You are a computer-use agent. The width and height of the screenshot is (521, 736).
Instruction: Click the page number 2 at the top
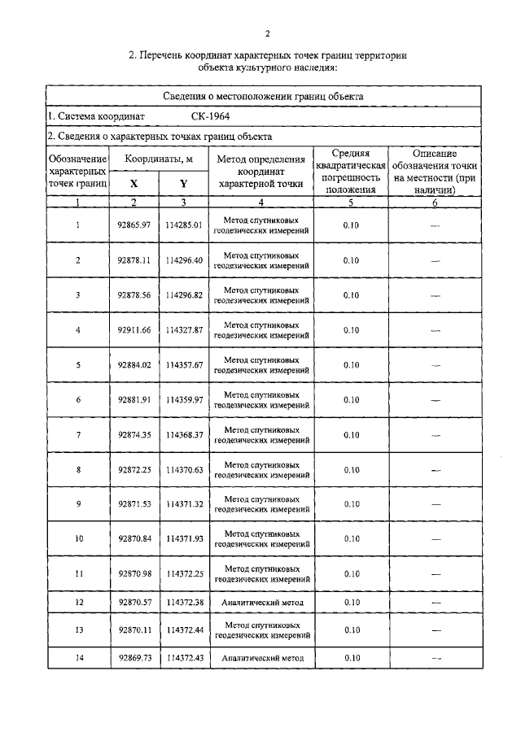[x=267, y=33]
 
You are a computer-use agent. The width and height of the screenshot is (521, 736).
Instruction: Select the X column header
[x=134, y=184]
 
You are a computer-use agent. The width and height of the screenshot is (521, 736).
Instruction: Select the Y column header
[x=183, y=184]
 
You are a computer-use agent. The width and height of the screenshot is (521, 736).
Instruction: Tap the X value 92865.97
[x=134, y=225]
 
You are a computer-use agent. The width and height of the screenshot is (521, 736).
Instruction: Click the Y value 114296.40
[x=183, y=260]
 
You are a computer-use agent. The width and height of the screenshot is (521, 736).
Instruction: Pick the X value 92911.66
[x=134, y=330]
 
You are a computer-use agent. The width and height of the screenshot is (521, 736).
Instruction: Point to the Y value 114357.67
[x=183, y=365]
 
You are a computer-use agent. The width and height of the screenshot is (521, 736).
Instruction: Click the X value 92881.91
[x=134, y=400]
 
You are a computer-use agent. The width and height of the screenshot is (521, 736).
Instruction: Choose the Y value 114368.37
[x=183, y=435]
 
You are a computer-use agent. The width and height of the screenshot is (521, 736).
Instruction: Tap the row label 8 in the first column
[x=78, y=470]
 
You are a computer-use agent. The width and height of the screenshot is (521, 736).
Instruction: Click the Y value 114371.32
[x=183, y=505]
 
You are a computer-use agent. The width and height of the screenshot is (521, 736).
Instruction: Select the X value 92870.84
[x=134, y=539]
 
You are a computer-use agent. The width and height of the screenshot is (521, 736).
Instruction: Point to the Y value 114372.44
[x=183, y=630]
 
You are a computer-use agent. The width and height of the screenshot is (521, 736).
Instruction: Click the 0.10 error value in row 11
[x=351, y=574]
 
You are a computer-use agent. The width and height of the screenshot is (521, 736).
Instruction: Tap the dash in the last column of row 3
[x=434, y=295]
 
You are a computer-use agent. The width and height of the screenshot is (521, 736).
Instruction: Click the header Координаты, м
[x=159, y=159]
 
